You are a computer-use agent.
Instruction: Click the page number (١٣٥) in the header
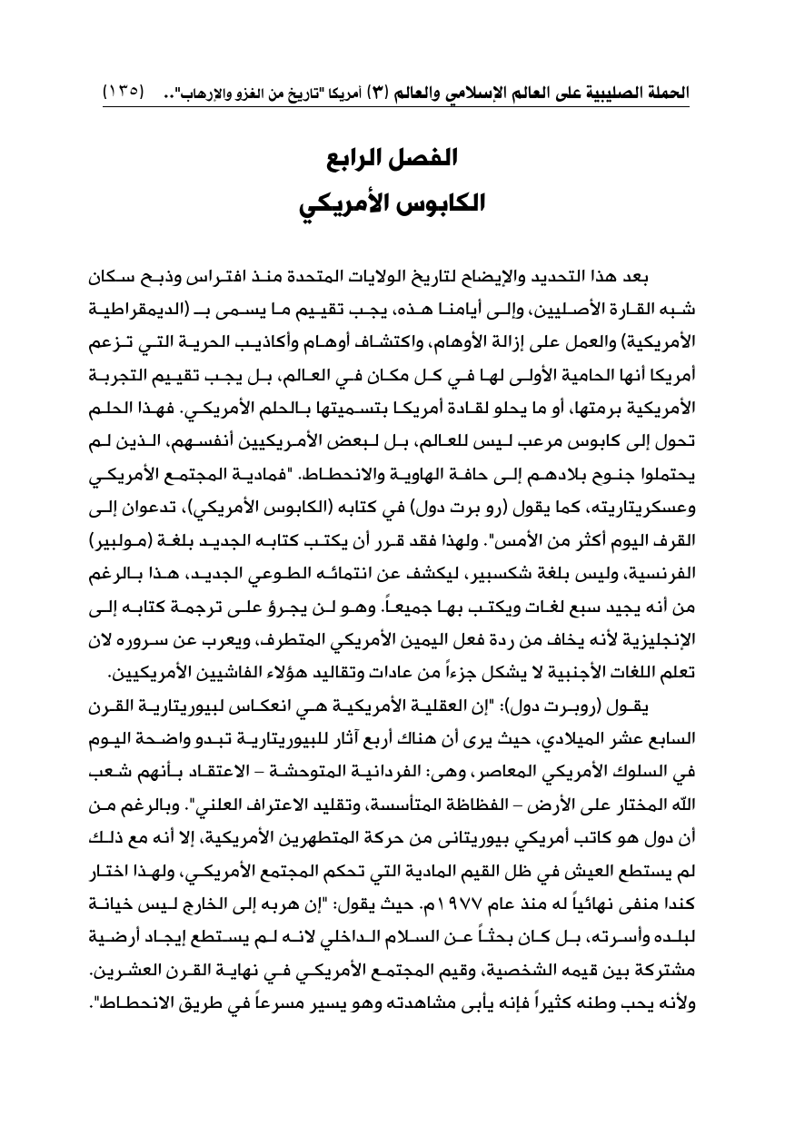point(124,93)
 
